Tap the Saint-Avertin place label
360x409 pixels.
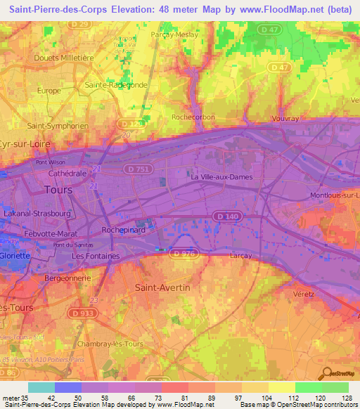[x=162, y=287]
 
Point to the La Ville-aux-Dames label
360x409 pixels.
[x=221, y=177]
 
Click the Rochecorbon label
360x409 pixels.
[x=192, y=117]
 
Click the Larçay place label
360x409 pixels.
[x=241, y=257]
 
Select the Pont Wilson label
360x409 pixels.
[x=51, y=160]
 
